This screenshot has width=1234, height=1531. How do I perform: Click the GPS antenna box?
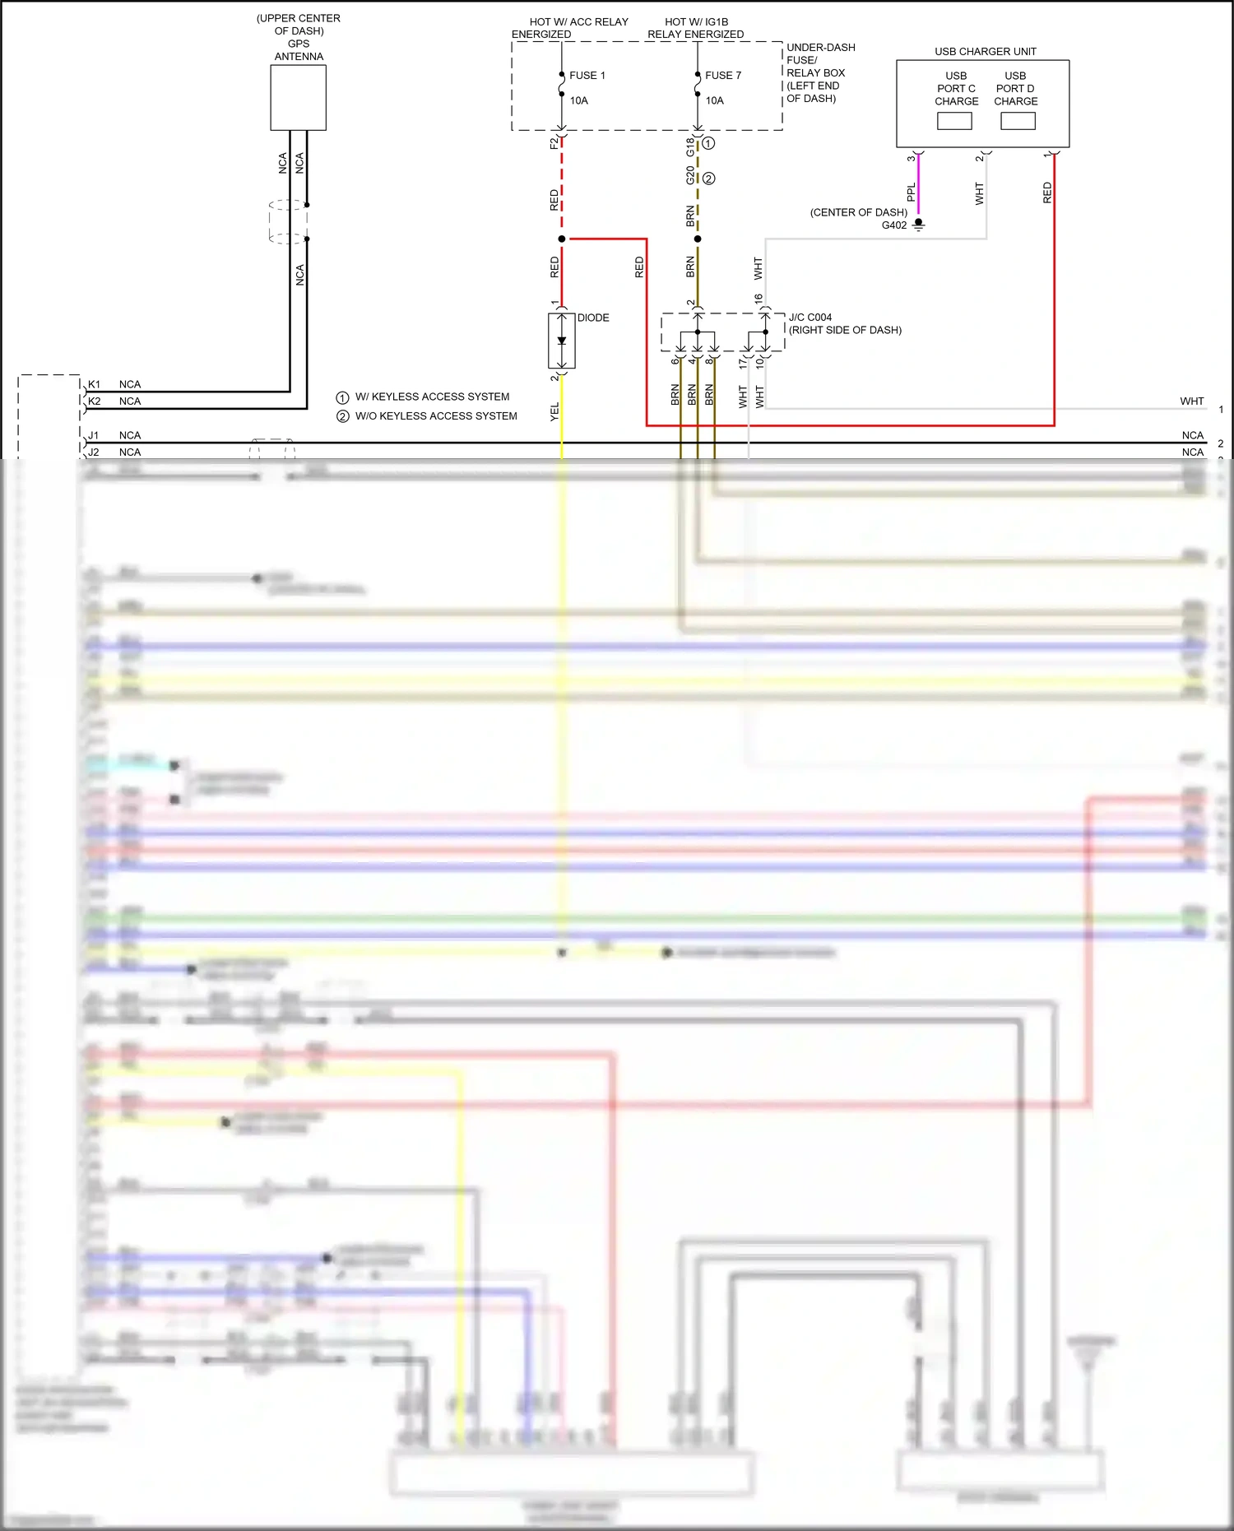click(298, 97)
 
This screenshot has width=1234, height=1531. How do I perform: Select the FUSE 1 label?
click(587, 76)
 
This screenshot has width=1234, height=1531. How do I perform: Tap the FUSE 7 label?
click(722, 76)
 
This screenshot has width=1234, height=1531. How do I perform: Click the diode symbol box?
click(561, 341)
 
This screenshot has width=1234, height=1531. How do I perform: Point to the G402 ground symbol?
click(919, 224)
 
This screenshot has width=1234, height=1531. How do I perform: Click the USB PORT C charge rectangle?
click(954, 121)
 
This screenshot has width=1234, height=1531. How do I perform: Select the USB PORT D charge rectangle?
click(1018, 121)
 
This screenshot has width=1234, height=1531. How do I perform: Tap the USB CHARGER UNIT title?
click(985, 52)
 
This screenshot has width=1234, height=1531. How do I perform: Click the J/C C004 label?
click(810, 318)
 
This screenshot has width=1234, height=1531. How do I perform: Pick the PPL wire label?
click(911, 193)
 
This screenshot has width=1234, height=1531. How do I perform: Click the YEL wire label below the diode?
click(554, 411)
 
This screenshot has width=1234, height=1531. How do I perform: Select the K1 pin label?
click(95, 384)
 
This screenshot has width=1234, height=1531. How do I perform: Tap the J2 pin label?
click(95, 452)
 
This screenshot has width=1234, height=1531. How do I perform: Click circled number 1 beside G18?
click(708, 143)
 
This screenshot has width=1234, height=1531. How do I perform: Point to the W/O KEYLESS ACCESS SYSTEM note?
click(436, 416)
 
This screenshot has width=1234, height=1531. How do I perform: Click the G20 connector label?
click(689, 175)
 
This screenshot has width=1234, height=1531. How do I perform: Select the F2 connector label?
click(554, 143)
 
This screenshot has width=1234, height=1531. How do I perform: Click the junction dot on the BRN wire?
click(698, 239)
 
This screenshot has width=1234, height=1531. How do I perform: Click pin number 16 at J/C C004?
click(758, 299)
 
